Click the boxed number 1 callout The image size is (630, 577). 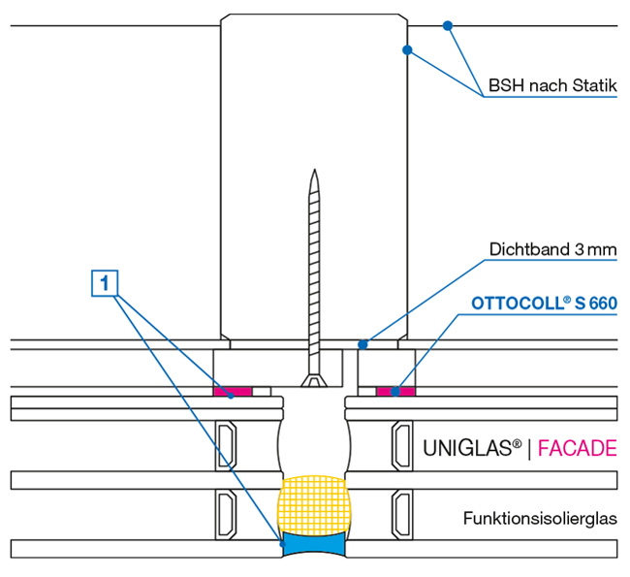pyautogui.click(x=107, y=282)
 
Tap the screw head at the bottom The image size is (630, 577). pyautogui.click(x=313, y=382)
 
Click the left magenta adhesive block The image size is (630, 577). pyautogui.click(x=232, y=391)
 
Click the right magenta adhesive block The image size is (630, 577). pyautogui.click(x=394, y=391)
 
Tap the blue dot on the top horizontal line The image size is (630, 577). pyautogui.click(x=447, y=24)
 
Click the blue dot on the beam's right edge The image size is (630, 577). pyautogui.click(x=407, y=48)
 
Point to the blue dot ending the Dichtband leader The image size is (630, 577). pyautogui.click(x=362, y=342)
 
